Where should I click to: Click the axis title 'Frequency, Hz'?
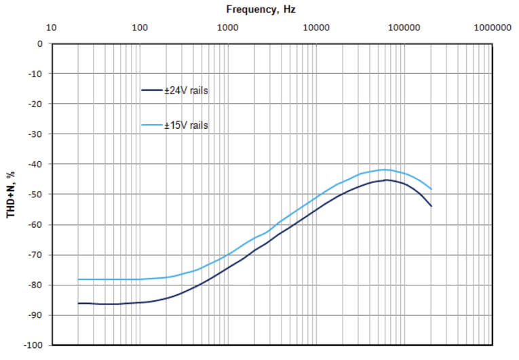click(x=261, y=9)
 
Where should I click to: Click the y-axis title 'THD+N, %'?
click(x=10, y=195)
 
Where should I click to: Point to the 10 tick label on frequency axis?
click(x=51, y=28)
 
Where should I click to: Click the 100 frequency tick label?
click(x=139, y=28)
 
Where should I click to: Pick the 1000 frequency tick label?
click(x=227, y=28)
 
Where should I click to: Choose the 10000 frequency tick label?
click(x=315, y=28)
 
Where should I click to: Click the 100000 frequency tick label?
click(x=404, y=28)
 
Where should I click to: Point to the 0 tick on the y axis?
click(x=40, y=43)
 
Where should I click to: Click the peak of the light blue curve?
click(x=385, y=169)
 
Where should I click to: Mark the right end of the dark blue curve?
click(x=431, y=206)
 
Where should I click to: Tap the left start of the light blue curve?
click(x=79, y=279)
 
